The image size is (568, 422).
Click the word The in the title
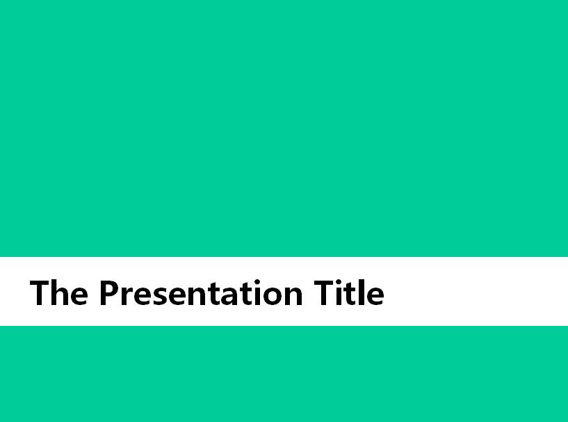(58, 292)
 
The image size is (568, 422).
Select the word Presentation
(201, 292)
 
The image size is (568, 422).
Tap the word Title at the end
(349, 292)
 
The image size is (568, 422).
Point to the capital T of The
(40, 292)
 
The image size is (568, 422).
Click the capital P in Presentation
(108, 292)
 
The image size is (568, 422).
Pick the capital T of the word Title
(323, 292)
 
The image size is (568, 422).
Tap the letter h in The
(59, 292)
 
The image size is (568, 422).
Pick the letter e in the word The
(79, 296)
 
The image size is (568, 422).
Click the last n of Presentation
(294, 296)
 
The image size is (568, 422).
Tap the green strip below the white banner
(284, 374)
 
